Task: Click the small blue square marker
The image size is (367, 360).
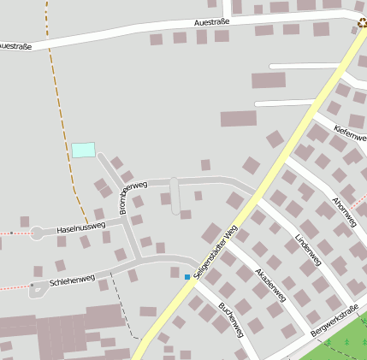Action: [x=187, y=276]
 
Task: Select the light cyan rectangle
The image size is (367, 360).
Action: [x=83, y=150]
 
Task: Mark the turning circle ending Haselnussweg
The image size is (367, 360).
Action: [x=37, y=233]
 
